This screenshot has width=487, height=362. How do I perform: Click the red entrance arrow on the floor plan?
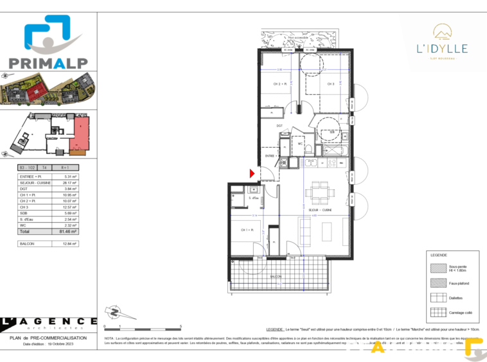pos(252,173)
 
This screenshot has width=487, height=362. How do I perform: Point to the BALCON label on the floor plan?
pos(276,277)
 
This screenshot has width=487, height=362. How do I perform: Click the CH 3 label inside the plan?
pos(330,83)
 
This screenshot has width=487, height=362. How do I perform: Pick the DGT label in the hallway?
pos(280,126)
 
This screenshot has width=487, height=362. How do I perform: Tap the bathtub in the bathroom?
pos(334,150)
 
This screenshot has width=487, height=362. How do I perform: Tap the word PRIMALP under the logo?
pos(48,62)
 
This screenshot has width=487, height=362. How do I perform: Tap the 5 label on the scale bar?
pos(181,327)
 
